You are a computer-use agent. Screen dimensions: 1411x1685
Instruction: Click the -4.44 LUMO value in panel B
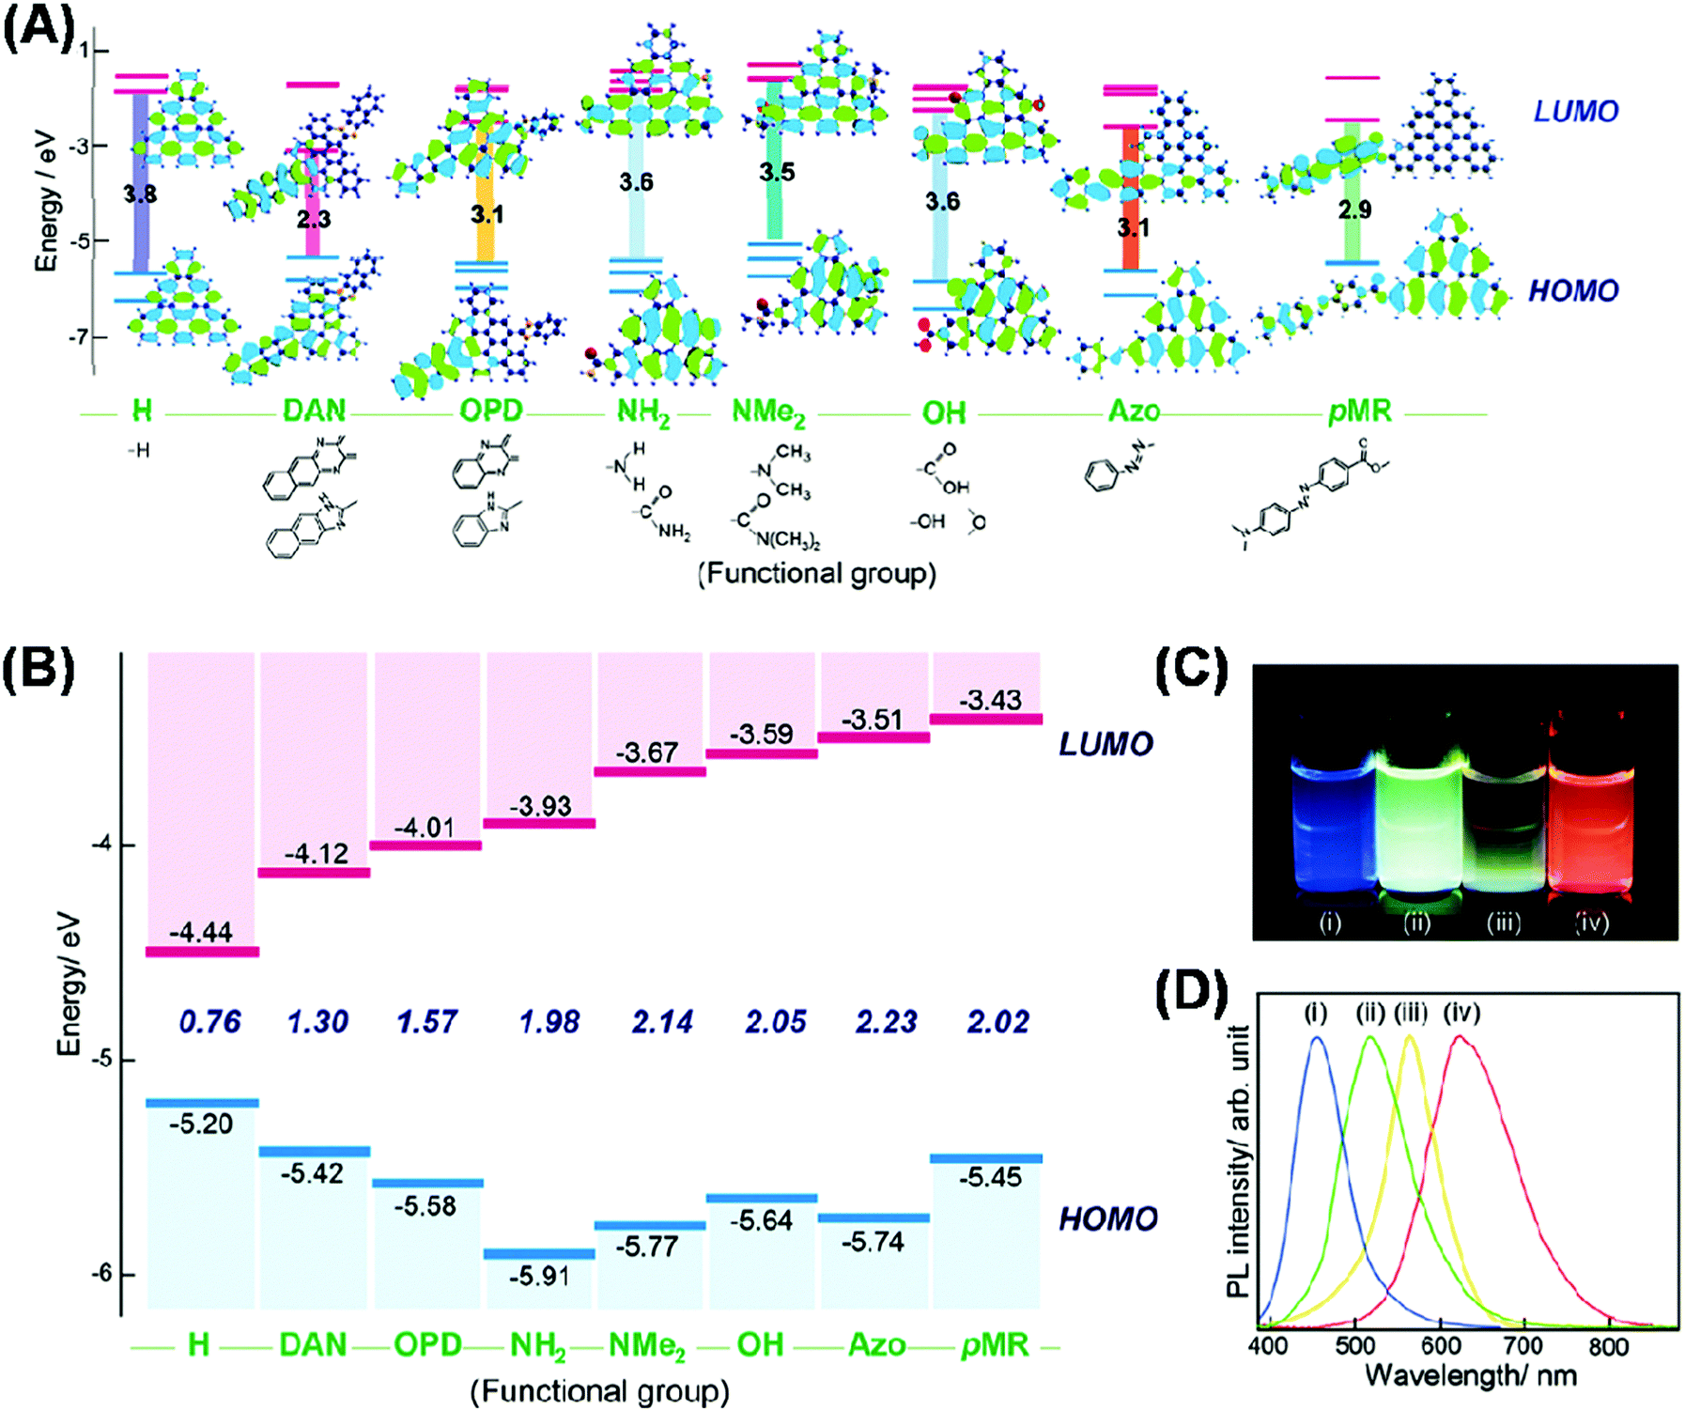click(x=201, y=932)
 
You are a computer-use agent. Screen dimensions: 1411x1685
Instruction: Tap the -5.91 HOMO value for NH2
click(x=539, y=1277)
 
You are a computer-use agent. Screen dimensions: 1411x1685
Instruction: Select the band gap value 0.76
click(x=210, y=1021)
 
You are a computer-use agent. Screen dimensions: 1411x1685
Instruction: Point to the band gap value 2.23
click(x=887, y=1021)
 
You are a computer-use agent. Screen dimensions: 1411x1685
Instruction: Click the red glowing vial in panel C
click(x=1592, y=817)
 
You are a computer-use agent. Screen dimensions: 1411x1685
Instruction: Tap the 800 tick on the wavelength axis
click(x=1608, y=1347)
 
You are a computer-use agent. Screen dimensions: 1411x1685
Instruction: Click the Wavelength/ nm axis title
click(x=1471, y=1376)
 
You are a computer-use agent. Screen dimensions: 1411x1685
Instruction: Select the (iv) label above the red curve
click(x=1461, y=1013)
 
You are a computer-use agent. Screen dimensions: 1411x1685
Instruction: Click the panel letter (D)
click(x=1191, y=992)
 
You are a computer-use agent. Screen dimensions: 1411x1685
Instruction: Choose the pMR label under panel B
click(x=995, y=1345)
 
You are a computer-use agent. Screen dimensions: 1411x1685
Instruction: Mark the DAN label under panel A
click(x=315, y=411)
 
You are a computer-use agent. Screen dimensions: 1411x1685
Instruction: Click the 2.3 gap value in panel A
click(x=314, y=219)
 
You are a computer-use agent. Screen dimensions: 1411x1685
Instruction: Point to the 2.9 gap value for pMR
click(x=1354, y=209)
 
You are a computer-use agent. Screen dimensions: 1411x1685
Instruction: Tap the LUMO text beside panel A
click(x=1575, y=111)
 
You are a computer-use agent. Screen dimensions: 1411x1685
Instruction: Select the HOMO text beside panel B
click(x=1107, y=1218)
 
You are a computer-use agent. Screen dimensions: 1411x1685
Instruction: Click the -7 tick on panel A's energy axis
click(x=74, y=336)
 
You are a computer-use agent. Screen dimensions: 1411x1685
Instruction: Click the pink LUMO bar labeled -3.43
click(x=986, y=719)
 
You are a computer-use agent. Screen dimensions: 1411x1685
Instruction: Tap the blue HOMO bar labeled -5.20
click(x=202, y=1103)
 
